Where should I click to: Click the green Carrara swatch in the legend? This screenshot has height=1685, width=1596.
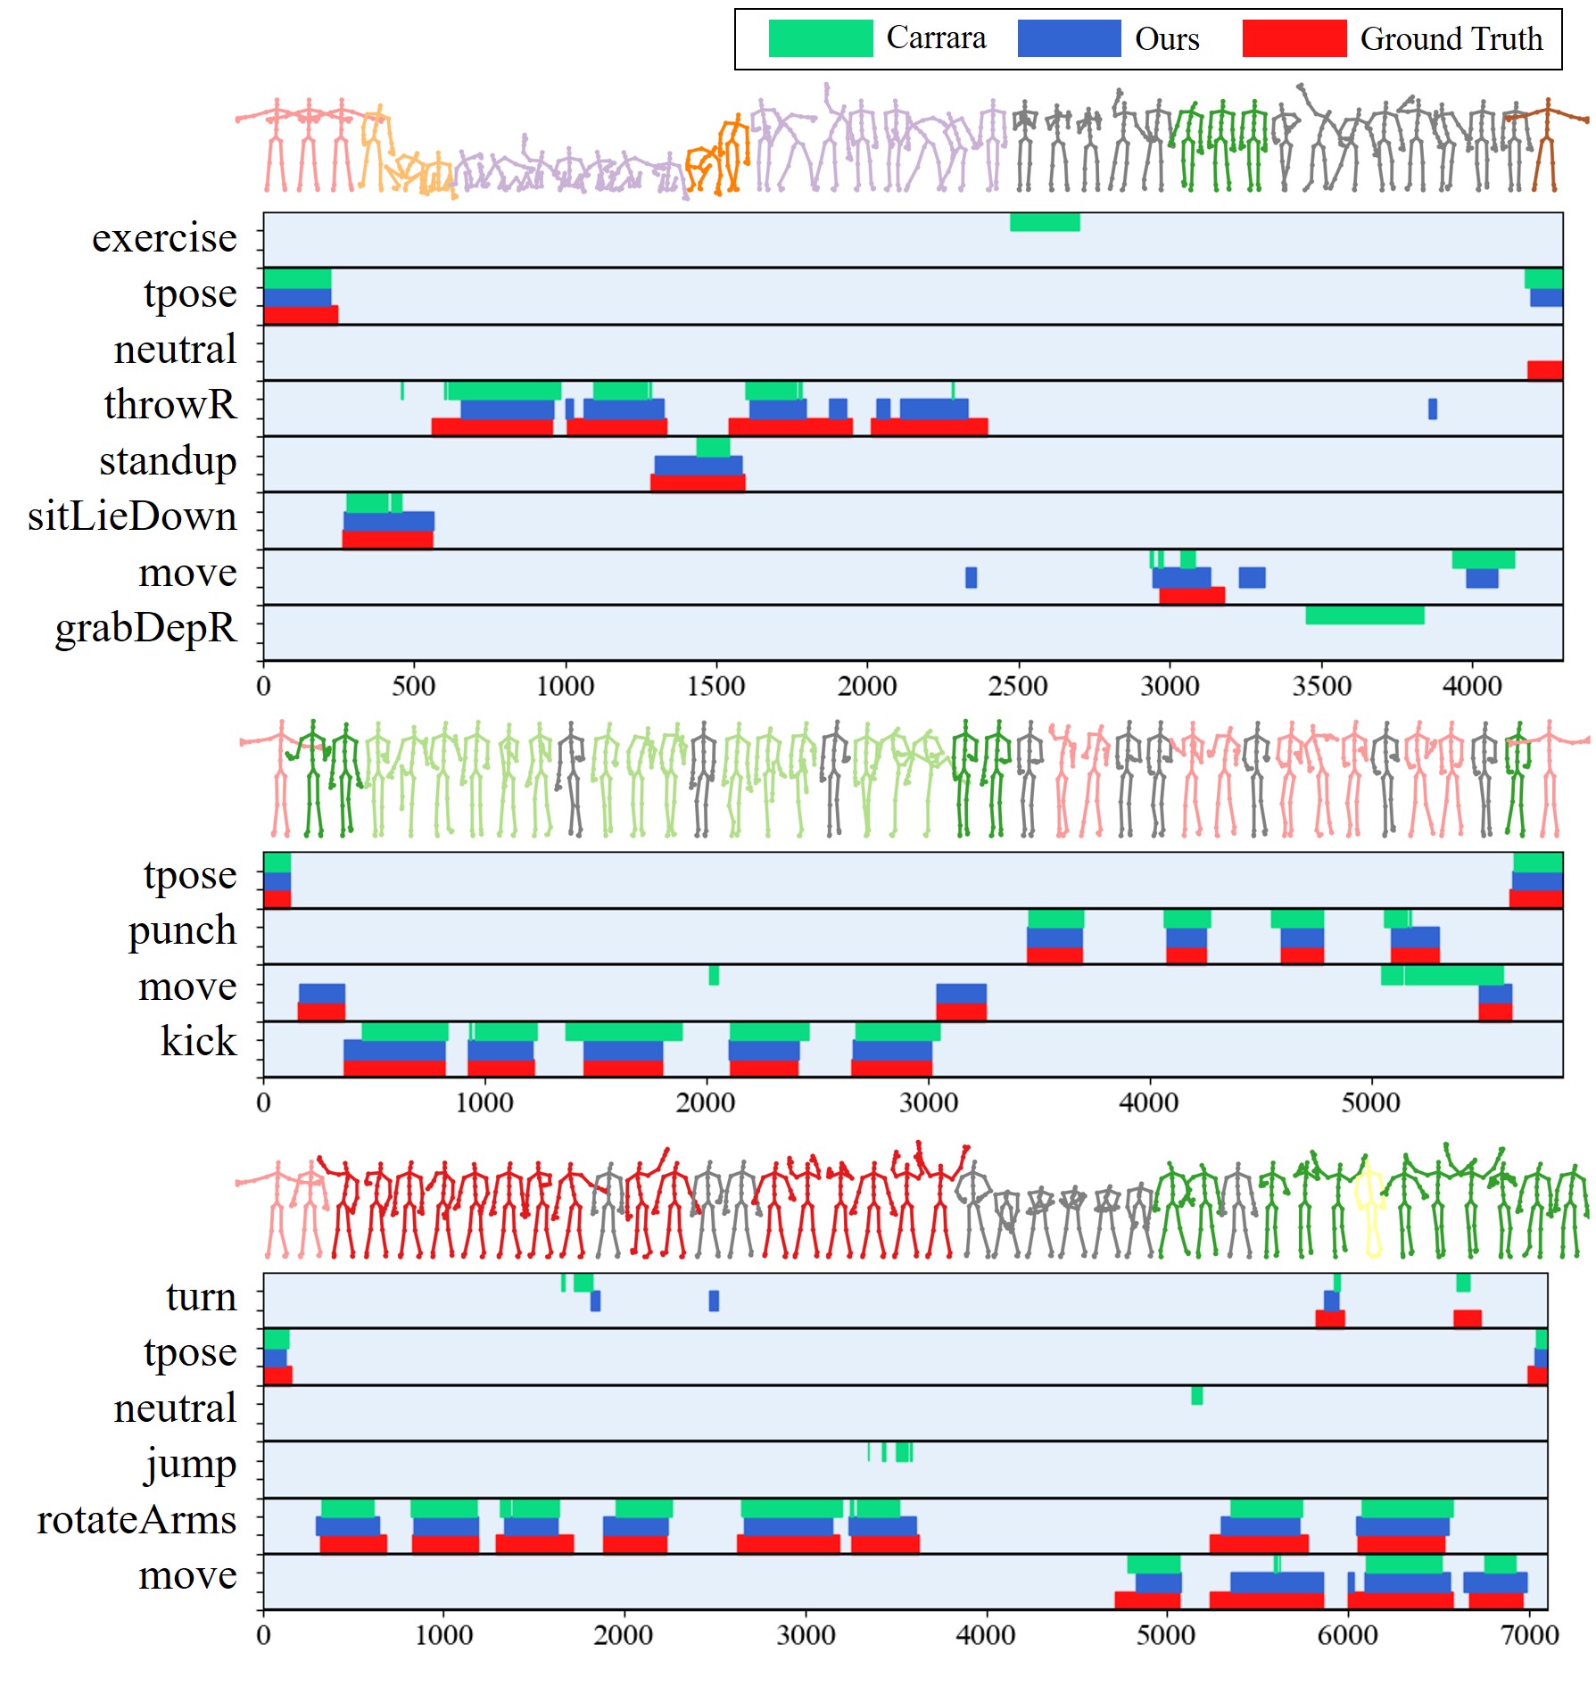click(x=820, y=38)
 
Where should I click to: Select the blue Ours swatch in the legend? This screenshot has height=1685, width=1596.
click(x=1069, y=38)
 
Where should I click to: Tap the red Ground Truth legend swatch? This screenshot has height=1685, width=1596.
click(x=1294, y=38)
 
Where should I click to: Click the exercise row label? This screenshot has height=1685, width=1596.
click(x=164, y=238)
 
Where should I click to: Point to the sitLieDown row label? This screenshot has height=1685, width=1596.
click(x=132, y=516)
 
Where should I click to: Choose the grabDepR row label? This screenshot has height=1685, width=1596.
click(x=145, y=627)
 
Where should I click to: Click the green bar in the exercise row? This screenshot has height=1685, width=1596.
click(x=1044, y=222)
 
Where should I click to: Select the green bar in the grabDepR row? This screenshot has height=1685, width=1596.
click(x=1364, y=615)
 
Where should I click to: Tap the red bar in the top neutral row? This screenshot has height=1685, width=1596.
click(x=1544, y=370)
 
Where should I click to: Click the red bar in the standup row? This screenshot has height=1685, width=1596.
click(x=698, y=483)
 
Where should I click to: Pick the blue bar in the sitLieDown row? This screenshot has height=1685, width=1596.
click(x=389, y=521)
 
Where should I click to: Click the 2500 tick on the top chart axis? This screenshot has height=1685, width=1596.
click(x=1017, y=686)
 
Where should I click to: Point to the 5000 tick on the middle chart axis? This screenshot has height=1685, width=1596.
click(x=1370, y=1103)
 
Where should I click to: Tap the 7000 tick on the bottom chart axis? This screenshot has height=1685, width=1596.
click(x=1529, y=1635)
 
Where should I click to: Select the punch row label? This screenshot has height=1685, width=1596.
click(x=182, y=930)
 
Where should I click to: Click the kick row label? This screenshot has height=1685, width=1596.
click(x=198, y=1041)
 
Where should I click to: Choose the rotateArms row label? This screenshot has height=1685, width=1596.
click(x=136, y=1520)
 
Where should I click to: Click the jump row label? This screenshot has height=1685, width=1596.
click(x=190, y=1464)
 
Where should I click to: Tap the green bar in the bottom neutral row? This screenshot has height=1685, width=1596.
click(x=1196, y=1395)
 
